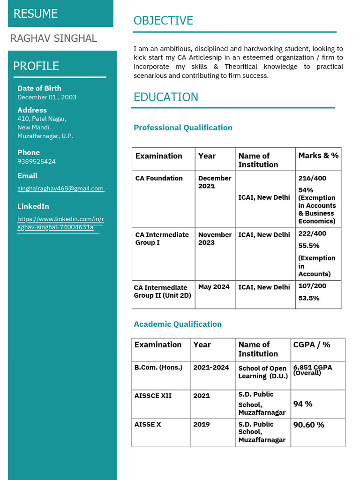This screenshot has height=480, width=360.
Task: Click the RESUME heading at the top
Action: [x=36, y=14]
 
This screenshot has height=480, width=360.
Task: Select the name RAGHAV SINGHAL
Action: [x=53, y=38]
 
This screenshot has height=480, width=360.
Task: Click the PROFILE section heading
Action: [x=36, y=66]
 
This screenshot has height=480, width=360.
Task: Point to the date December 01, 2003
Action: [x=47, y=97]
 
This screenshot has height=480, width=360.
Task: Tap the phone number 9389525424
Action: [x=37, y=161]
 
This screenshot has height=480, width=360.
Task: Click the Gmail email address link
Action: [x=60, y=188]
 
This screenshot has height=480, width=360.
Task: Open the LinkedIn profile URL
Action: [x=60, y=223]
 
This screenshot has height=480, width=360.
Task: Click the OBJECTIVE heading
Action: [x=163, y=21]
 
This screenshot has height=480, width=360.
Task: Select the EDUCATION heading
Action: [x=166, y=97]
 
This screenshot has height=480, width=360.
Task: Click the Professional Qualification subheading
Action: [x=183, y=127]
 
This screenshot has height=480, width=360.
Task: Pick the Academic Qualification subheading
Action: [x=178, y=324]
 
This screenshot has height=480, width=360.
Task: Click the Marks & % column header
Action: [x=318, y=155]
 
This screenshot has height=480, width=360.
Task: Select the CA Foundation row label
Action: [x=159, y=178]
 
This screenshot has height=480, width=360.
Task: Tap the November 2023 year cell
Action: [x=215, y=239]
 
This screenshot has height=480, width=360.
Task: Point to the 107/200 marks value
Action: [x=312, y=285]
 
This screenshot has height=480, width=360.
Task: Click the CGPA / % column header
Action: [x=312, y=345]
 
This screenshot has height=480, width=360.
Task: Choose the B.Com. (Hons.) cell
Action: [x=158, y=367]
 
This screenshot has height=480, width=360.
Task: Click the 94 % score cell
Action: [x=303, y=404]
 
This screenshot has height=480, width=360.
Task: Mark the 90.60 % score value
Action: [x=308, y=425]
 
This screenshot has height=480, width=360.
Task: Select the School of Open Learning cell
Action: [x=262, y=372]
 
